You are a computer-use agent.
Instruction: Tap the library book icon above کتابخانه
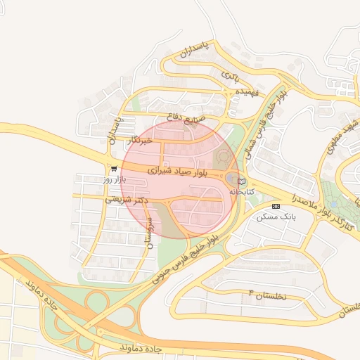pyautogui.click(x=243, y=181)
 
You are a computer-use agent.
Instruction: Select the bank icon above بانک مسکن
pyautogui.click(x=276, y=206)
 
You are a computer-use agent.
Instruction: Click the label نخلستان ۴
pyautogui.click(x=269, y=295)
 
